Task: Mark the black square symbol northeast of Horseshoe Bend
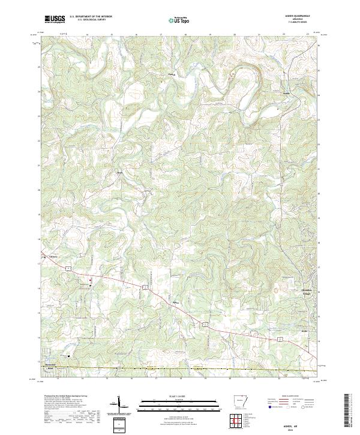pos(68,355)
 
